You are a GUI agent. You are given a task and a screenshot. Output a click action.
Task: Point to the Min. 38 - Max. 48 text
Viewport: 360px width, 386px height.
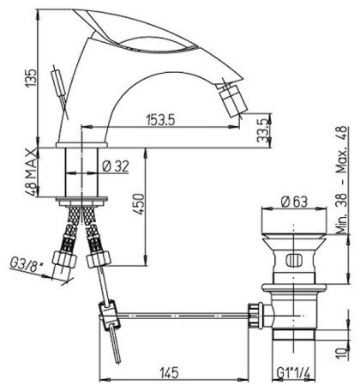(x=340, y=181)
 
